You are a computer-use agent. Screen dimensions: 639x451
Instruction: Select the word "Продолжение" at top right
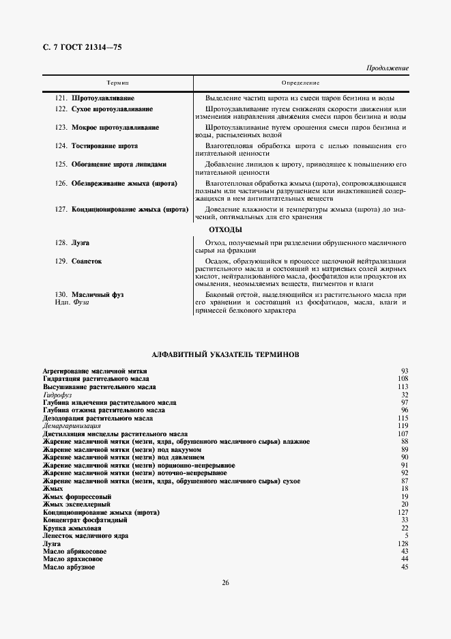pyautogui.click(x=388, y=68)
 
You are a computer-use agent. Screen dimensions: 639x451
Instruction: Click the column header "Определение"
pyautogui.click(x=301, y=82)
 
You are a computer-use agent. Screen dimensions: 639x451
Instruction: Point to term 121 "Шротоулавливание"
pyautogui.click(x=103, y=98)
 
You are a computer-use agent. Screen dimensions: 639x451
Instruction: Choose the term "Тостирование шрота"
pyautogui.click(x=104, y=145)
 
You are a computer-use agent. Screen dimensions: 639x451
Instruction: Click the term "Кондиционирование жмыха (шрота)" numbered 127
pyautogui.click(x=130, y=209)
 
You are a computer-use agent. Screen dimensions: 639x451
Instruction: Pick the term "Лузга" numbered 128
pyautogui.click(x=81, y=242)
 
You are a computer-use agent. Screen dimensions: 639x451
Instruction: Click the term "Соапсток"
pyautogui.click(x=87, y=261)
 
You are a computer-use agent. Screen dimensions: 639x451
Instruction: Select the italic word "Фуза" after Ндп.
pyautogui.click(x=81, y=302)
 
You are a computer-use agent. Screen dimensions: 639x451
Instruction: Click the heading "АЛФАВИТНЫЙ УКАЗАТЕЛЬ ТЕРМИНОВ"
pyautogui.click(x=224, y=354)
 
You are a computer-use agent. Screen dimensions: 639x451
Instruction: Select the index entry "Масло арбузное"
pyautogui.click(x=68, y=567)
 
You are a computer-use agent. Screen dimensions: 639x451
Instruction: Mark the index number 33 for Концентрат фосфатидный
pyautogui.click(x=405, y=520)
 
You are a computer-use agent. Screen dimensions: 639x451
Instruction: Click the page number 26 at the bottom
pyautogui.click(x=225, y=582)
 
